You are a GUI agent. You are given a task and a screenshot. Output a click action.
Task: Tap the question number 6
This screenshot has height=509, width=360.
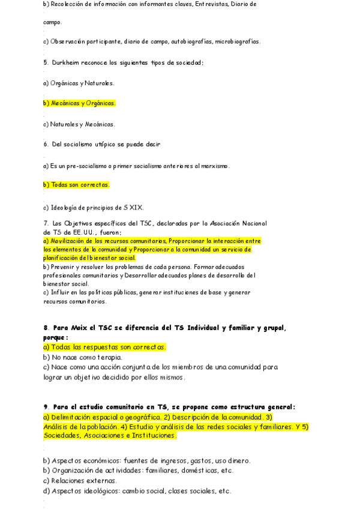tap(45, 144)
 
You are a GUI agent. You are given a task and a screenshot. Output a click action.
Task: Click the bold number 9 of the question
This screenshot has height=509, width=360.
tap(46, 406)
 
